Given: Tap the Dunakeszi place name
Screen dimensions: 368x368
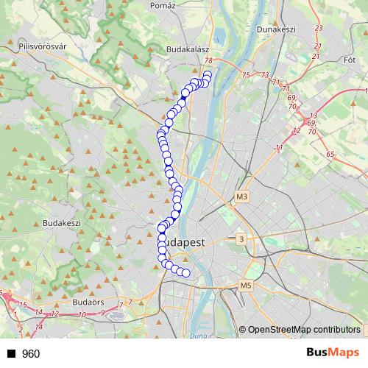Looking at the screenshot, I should pos(276,29).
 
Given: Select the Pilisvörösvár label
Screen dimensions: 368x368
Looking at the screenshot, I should pos(42,46).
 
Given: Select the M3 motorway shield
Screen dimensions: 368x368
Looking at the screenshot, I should pos(244,197).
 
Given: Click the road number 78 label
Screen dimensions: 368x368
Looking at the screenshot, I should pos(210,61).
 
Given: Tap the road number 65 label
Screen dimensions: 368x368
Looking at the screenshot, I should pos(330,155).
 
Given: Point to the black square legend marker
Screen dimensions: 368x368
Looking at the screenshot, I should pos(11,353).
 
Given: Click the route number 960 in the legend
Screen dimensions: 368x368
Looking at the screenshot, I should pos(31,353).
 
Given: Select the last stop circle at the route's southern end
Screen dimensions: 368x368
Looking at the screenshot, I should pos(186,273).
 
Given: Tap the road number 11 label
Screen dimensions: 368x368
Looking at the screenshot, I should pos(279,148).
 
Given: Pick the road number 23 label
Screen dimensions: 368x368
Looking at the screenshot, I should pos(318,28).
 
